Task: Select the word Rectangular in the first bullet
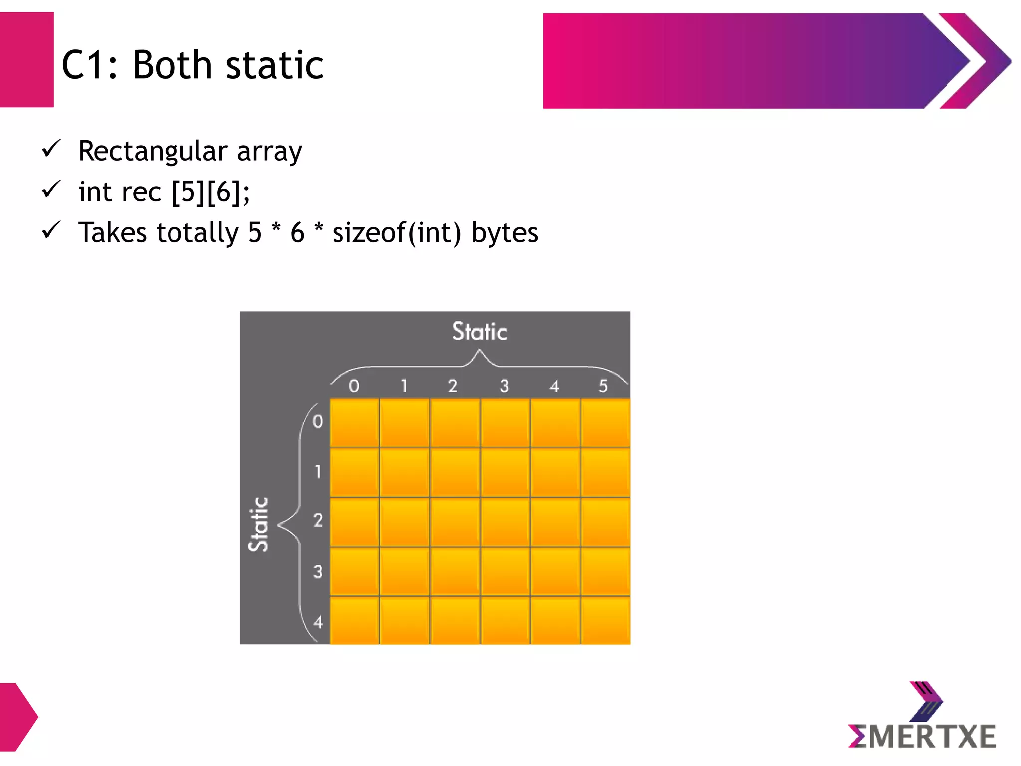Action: coord(153,151)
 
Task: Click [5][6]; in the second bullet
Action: coord(210,192)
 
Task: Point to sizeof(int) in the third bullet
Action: coord(396,233)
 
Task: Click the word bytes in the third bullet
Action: coord(505,233)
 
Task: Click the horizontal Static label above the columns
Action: coord(479,332)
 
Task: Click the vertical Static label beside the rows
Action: coord(259,524)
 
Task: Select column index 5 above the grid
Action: coord(603,386)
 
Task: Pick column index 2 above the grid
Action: coord(453,386)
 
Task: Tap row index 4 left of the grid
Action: coord(318,622)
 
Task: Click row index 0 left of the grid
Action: coord(318,422)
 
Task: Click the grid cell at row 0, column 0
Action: coord(354,423)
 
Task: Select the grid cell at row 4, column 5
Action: coord(605,620)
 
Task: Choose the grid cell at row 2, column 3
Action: coord(505,522)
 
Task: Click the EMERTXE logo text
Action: coord(922,737)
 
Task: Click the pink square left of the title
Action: coord(26,60)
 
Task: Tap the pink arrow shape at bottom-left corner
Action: coord(17,717)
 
